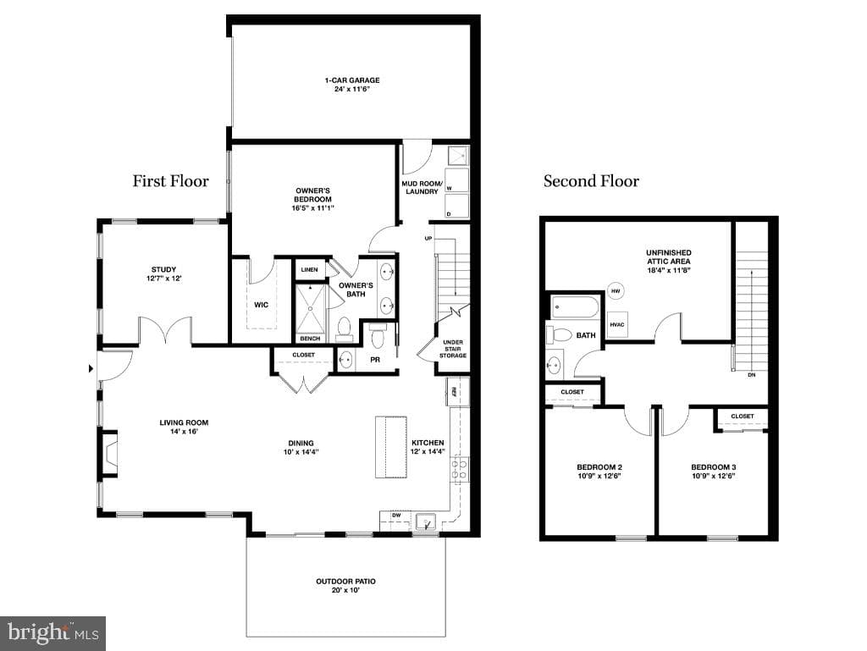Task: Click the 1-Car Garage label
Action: point(352,80)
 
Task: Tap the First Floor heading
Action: point(170,180)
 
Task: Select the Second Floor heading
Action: point(591,180)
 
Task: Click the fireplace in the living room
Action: point(109,454)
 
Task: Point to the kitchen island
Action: point(391,447)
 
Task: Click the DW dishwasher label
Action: point(396,515)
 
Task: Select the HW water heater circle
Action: point(616,290)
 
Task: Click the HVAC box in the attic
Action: point(617,324)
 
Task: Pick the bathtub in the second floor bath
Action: point(575,307)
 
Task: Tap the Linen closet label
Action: point(310,270)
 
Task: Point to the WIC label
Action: point(261,305)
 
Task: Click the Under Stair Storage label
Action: point(453,349)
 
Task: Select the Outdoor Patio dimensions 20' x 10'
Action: point(345,590)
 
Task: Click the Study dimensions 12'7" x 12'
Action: point(163,279)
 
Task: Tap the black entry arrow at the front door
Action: point(91,368)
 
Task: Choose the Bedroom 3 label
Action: point(713,467)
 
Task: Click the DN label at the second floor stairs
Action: point(752,375)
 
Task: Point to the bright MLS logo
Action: point(52,633)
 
